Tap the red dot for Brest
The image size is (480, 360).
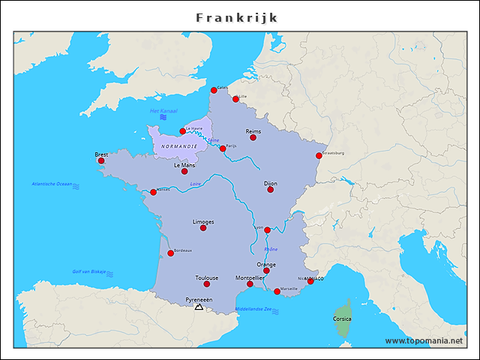coord(101,160)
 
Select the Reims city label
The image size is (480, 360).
coord(253,130)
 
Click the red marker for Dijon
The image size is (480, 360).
coord(271,190)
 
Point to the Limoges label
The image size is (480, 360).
coord(203,221)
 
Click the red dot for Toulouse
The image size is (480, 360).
coord(207,284)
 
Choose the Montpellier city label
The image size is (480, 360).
coord(249,277)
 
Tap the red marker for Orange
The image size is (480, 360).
coord(266,271)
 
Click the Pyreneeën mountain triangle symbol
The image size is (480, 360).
coord(199,307)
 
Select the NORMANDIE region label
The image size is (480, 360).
coord(179,145)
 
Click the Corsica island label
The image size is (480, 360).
coord(342,319)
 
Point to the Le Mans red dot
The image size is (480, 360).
coord(184,172)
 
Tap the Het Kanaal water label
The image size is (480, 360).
coord(162,111)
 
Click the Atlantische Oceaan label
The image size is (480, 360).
coord(52,184)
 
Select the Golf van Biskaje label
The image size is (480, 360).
coord(89,271)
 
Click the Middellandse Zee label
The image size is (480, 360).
coord(253,309)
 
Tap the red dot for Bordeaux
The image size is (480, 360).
coord(171,253)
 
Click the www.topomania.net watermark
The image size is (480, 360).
coord(424,340)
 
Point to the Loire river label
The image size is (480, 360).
coord(196,184)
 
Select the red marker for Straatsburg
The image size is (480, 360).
coord(319,156)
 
